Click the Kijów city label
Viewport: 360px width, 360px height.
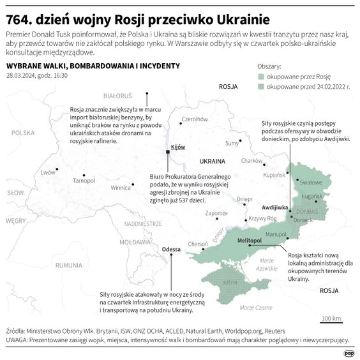point(177,147)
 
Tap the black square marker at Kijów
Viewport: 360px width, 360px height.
point(168,152)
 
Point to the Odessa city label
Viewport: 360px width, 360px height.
point(172,249)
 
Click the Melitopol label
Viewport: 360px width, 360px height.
point(250,240)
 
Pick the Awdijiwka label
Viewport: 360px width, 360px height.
point(275,207)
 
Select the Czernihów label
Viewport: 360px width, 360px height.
point(195,119)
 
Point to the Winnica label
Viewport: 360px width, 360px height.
point(121,188)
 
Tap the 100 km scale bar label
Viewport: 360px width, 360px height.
point(331,318)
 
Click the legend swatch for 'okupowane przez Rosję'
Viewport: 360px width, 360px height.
point(261,76)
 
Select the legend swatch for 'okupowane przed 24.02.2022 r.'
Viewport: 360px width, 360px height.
point(261,85)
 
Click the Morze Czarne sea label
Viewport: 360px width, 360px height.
point(255,308)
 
